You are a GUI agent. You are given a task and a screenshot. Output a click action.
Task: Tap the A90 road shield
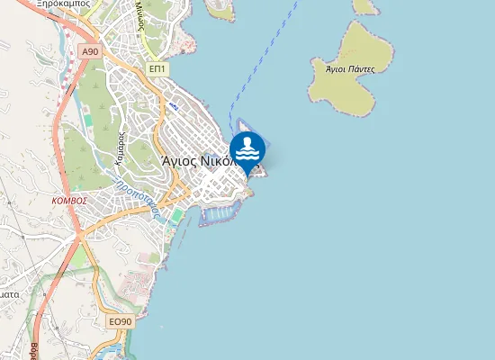[89, 52]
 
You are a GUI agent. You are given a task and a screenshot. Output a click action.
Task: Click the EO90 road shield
[120, 321]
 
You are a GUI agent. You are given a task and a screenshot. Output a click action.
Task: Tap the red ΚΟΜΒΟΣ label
[69, 200]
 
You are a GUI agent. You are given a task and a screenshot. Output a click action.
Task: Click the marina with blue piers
[221, 213]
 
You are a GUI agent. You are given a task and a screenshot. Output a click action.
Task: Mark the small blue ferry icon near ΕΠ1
[174, 105]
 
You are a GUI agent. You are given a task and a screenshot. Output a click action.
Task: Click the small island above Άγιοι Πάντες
[364, 6]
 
